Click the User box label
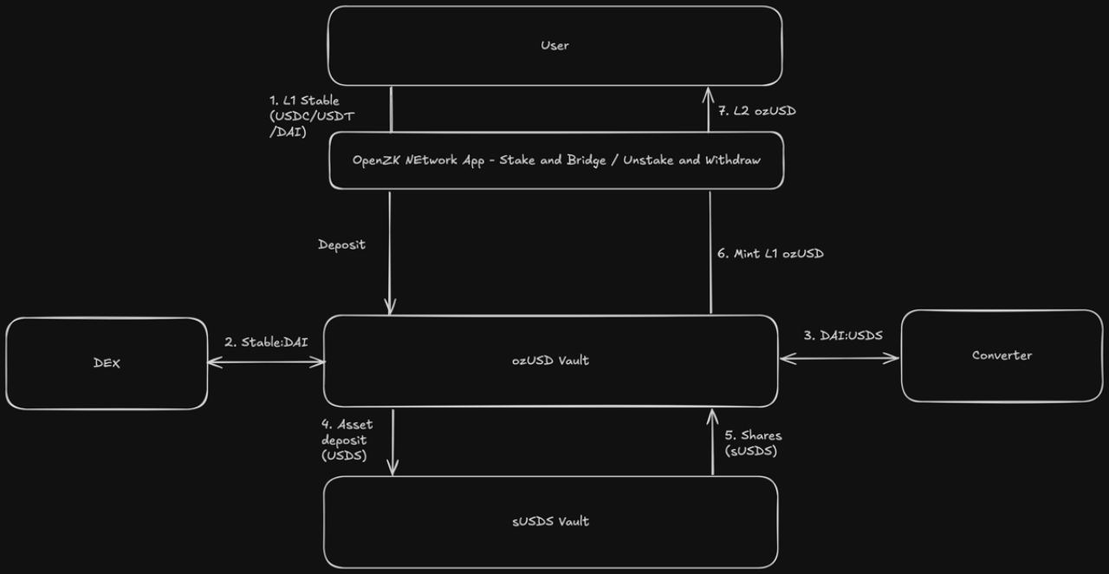click(554, 45)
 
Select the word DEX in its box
click(107, 363)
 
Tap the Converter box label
click(1002, 355)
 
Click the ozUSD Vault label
click(550, 361)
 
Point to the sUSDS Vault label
click(550, 521)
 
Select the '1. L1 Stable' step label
click(304, 101)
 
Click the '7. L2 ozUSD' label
click(757, 111)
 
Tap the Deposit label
click(341, 245)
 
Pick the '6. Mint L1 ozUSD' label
click(770, 253)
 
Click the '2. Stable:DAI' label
click(266, 342)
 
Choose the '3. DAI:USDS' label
click(843, 335)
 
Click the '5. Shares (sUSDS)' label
click(753, 443)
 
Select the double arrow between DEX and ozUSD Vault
click(266, 362)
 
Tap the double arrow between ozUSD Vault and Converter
click(840, 357)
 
